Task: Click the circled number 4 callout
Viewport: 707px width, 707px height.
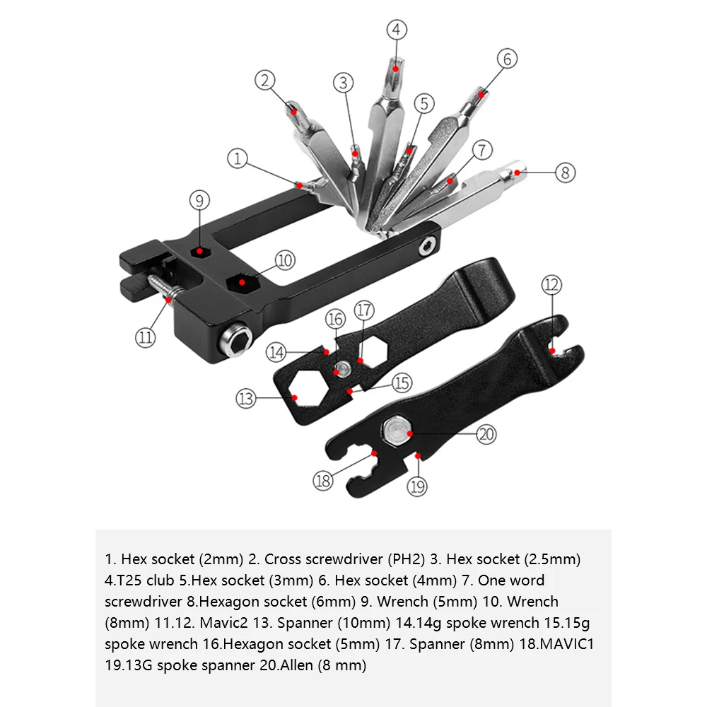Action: point(397,30)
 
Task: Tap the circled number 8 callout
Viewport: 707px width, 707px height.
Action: point(565,173)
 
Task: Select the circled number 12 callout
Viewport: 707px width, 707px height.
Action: point(551,286)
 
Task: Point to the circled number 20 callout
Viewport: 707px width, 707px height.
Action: point(486,433)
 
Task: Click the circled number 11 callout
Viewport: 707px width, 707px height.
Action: point(145,337)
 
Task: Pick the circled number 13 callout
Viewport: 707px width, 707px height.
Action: point(245,399)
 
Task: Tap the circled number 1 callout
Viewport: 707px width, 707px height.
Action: point(238,159)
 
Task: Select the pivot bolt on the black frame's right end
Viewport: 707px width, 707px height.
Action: point(426,246)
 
